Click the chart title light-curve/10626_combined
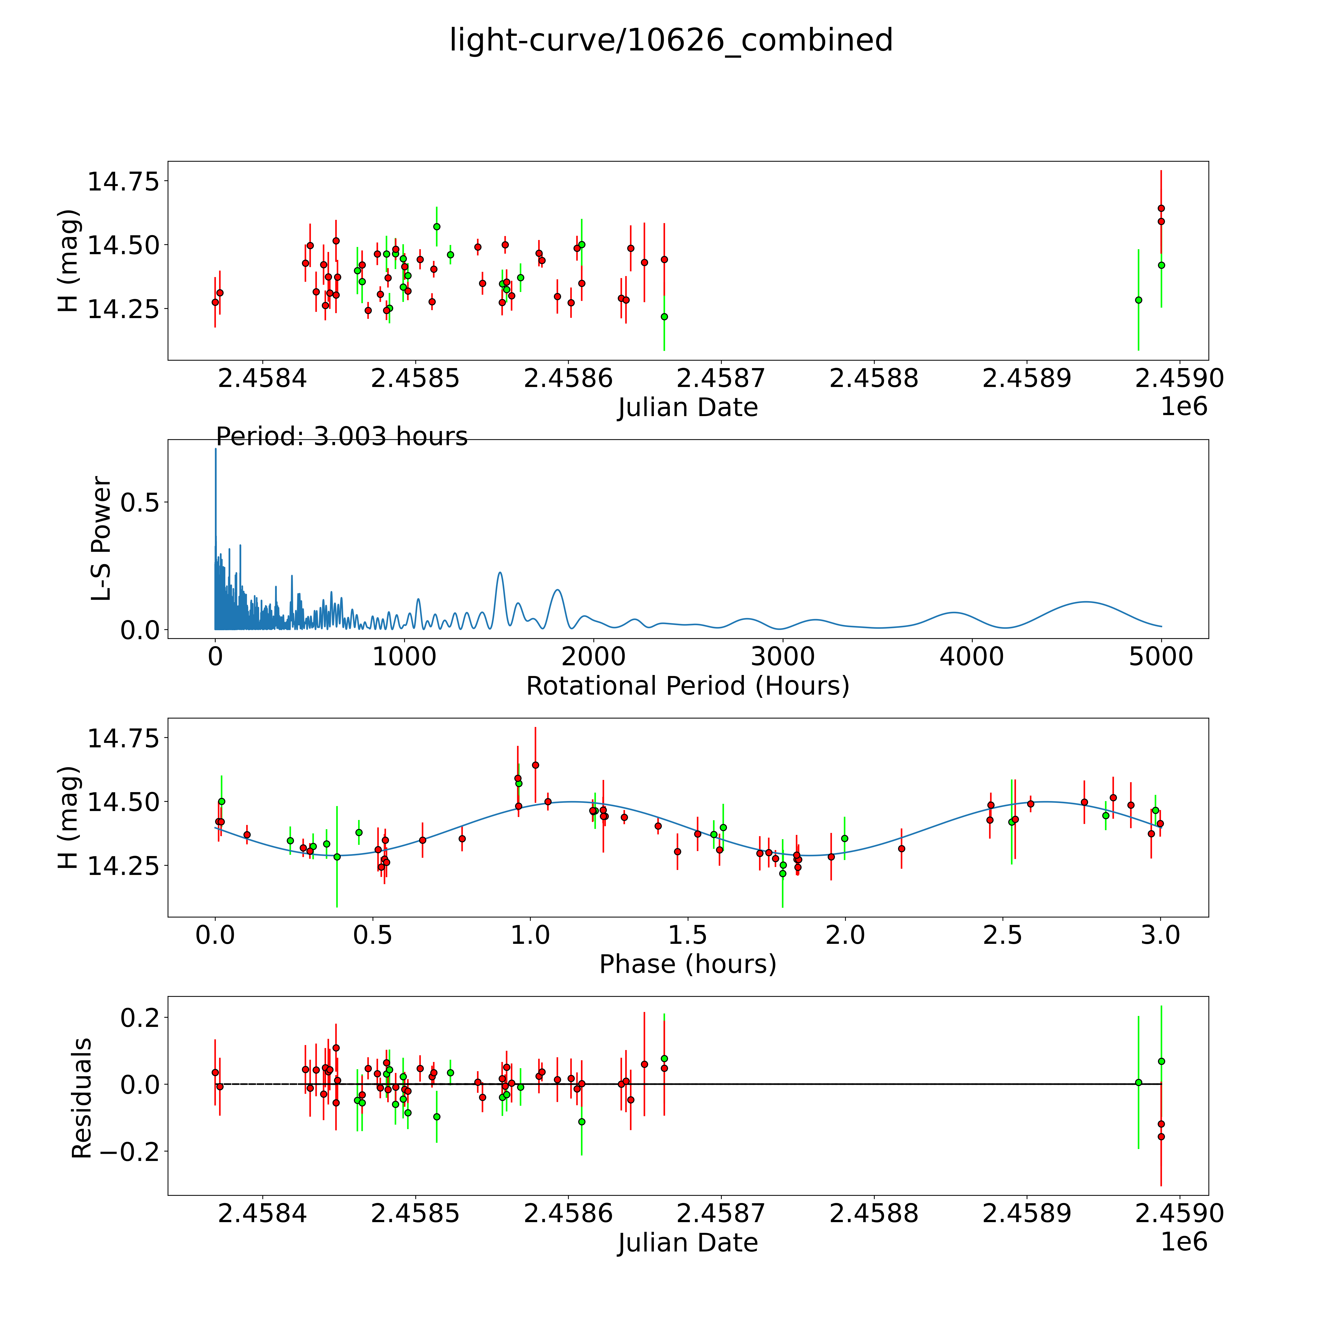point(671,40)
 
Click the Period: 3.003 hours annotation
point(341,436)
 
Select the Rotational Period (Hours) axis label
point(687,686)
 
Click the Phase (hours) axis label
point(687,964)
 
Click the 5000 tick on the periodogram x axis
point(1161,657)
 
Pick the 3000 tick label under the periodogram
point(783,657)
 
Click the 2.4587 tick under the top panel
point(721,379)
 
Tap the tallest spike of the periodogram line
point(215,450)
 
